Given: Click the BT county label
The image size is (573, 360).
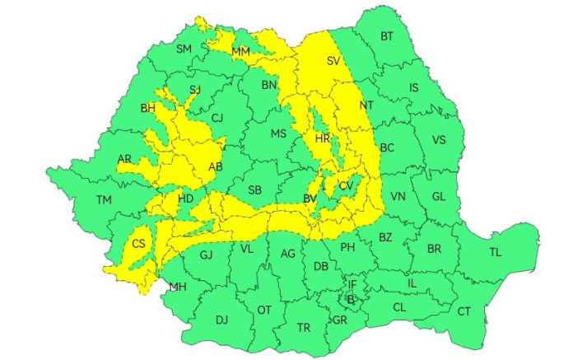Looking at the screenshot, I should [387, 36].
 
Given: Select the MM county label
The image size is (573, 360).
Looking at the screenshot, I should [240, 53].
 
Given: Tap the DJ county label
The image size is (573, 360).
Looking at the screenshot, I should [221, 320].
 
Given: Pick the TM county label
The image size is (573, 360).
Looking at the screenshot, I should [104, 200].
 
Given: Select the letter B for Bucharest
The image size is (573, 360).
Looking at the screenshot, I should [350, 298].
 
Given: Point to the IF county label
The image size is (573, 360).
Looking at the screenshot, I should [352, 283].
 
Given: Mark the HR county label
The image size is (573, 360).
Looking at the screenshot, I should [322, 138].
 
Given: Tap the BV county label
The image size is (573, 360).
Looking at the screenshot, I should [310, 199].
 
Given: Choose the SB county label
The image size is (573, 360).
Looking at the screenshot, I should [255, 190].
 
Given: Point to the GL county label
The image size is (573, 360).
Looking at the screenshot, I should [438, 196].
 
